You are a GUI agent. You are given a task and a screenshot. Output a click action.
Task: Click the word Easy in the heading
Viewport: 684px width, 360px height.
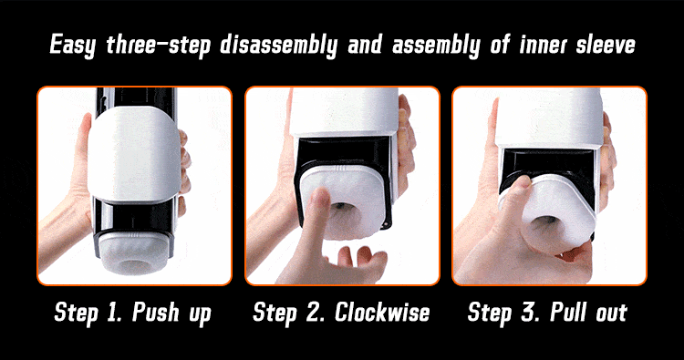[72, 46]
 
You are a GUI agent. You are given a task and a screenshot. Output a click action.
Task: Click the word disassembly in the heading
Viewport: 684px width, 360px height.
[278, 46]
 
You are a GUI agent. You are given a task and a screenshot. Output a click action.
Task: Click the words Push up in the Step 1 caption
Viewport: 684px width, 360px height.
[171, 314]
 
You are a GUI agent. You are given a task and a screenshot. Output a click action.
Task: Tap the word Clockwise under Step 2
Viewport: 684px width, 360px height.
[382, 312]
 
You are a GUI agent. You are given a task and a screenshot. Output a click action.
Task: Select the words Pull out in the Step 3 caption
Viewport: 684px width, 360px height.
[588, 312]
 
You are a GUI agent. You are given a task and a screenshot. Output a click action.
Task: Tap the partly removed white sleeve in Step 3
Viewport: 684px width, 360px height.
[554, 211]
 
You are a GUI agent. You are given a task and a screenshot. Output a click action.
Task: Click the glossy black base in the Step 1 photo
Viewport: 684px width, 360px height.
[134, 218]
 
